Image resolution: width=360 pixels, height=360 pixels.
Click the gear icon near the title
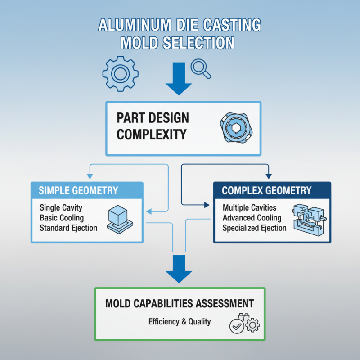pyautogui.click(x=119, y=74)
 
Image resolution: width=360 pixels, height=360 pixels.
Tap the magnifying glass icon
pyautogui.click(x=198, y=67)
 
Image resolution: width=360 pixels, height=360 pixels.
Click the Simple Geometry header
pyautogui.click(x=78, y=190)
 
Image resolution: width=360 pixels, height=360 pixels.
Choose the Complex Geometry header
pyautogui.click(x=266, y=190)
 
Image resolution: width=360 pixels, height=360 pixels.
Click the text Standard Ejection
pyautogui.click(x=68, y=228)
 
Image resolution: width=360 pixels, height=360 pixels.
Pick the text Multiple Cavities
pyautogui.click(x=250, y=208)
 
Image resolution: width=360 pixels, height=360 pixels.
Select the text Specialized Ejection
pyautogui.click(x=254, y=228)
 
